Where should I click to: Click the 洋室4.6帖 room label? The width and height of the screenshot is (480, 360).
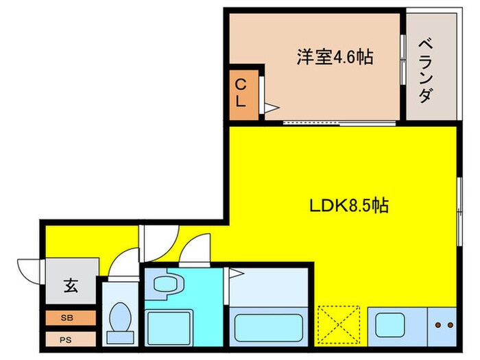pyautogui.click(x=335, y=57)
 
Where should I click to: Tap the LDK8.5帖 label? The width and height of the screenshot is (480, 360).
pyautogui.click(x=350, y=204)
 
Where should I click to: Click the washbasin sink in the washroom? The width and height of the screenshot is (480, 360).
pyautogui.click(x=164, y=283)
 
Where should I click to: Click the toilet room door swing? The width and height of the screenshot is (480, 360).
pyautogui.click(x=123, y=264)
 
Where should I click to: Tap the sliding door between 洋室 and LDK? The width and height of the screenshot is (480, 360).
pyautogui.click(x=340, y=123)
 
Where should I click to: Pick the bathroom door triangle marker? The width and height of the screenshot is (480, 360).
pyautogui.click(x=236, y=274)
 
